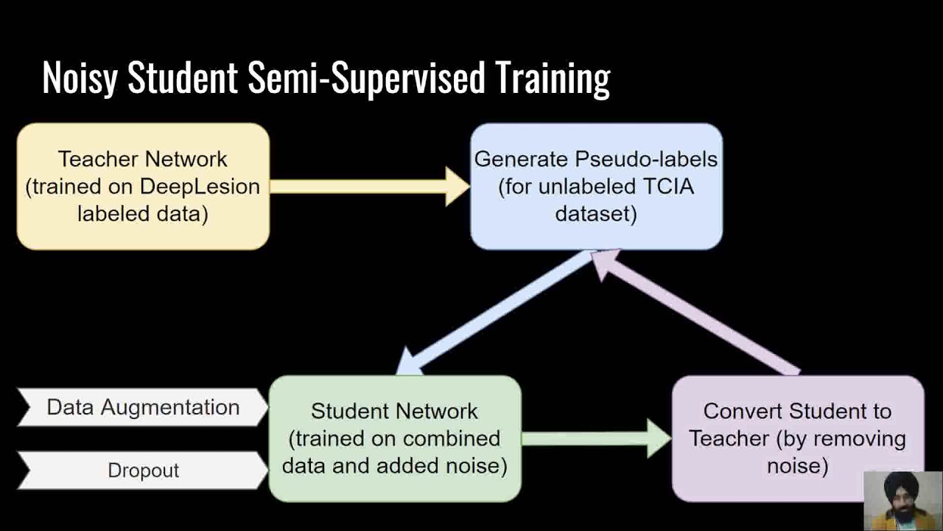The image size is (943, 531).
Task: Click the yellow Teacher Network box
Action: [143, 186]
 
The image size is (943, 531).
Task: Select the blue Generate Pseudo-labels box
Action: [596, 186]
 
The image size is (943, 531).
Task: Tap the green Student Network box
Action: [394, 438]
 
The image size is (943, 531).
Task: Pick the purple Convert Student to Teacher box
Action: [797, 438]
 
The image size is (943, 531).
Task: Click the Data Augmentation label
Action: [143, 407]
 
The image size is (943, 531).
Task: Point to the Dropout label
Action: [143, 471]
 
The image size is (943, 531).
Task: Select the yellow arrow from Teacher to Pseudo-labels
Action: [368, 186]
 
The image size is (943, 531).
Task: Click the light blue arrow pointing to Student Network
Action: [494, 313]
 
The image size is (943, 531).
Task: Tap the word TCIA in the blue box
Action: [667, 187]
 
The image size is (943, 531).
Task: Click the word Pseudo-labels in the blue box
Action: [646, 159]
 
